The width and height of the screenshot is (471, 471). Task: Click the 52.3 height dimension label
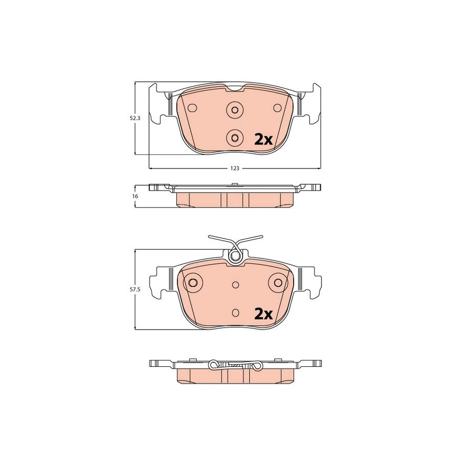point(135,118)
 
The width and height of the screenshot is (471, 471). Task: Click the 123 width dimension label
point(235,169)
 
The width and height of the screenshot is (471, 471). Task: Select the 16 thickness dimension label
point(135,196)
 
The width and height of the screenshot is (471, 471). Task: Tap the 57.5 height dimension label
point(135,289)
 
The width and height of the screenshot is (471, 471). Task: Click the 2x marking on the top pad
point(263,139)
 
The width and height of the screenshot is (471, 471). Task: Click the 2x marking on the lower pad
point(263,314)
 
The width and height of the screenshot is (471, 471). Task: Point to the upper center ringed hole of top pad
point(235,109)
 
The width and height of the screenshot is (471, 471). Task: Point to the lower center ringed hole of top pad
point(235,138)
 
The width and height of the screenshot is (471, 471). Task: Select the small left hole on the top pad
point(192,107)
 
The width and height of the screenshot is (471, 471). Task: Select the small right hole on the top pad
point(277,107)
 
